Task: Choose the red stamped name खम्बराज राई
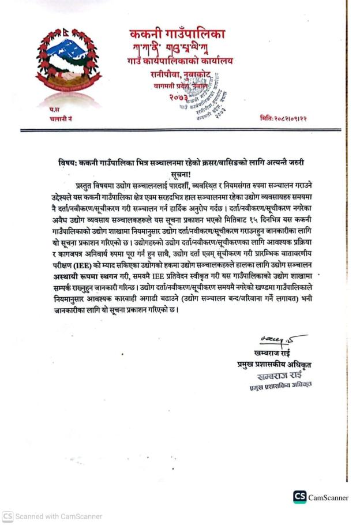click(x=281, y=375)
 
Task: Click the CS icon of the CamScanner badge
click(x=299, y=497)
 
